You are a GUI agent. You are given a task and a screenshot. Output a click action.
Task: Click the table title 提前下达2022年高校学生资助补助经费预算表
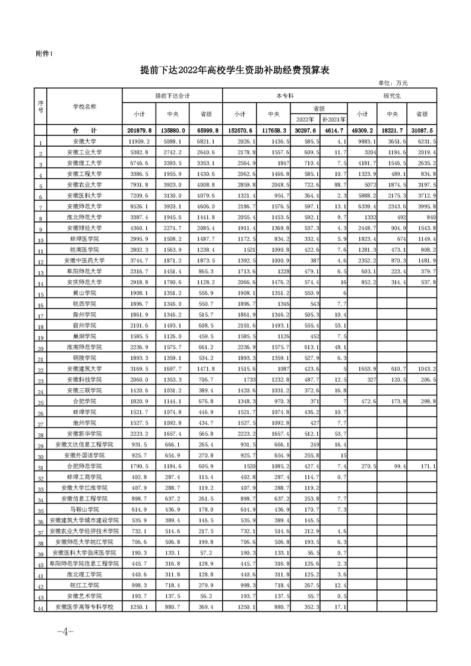coord(235,70)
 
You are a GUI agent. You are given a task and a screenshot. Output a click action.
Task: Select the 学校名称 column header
coord(84,106)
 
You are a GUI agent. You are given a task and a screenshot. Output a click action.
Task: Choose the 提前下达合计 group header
coord(172,95)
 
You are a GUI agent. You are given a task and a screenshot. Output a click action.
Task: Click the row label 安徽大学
coord(84,142)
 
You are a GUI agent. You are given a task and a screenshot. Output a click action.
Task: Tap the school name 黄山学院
coord(84,293)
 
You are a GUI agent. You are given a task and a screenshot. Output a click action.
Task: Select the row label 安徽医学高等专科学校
coord(84,606)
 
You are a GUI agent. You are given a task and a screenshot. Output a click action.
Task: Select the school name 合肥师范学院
coord(84,466)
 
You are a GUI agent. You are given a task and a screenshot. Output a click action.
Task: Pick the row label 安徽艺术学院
coord(84,595)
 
